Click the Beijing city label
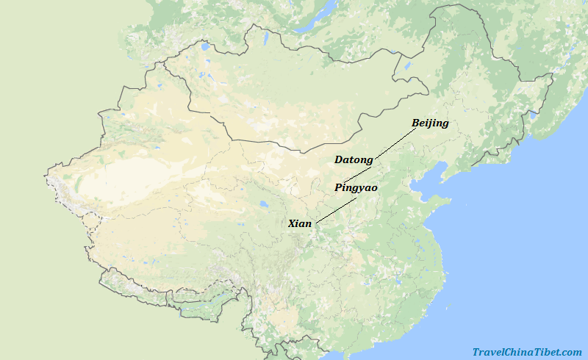[430, 123]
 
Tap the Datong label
[354, 159]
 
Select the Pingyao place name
[356, 188]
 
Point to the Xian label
[300, 223]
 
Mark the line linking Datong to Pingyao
[359, 174]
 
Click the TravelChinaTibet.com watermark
[526, 353]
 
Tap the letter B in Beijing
[416, 123]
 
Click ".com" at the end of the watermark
[571, 353]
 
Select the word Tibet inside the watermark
[545, 353]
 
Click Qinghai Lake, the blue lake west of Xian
[262, 204]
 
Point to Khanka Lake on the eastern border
[531, 115]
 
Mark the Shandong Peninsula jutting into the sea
[438, 202]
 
